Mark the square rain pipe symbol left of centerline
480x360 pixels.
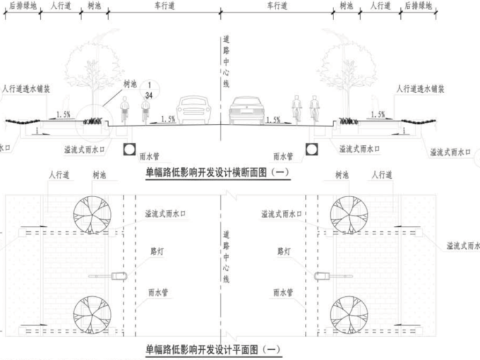(x=129, y=149)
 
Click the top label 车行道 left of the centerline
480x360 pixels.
(x=164, y=5)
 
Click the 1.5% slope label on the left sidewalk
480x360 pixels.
(x=63, y=114)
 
